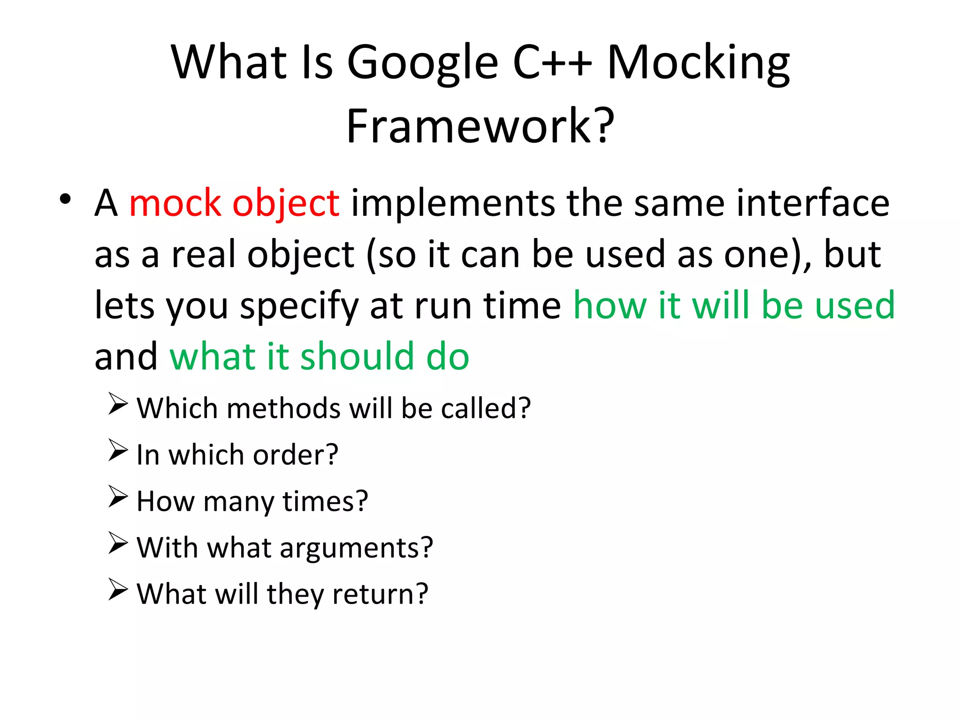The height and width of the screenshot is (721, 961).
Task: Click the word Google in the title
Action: [422, 63]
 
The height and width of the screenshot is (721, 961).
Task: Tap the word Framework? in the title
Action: [480, 126]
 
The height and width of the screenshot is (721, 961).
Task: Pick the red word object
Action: [286, 205]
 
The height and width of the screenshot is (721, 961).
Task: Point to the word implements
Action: [453, 204]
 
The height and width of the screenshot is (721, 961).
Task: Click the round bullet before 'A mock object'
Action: [65, 199]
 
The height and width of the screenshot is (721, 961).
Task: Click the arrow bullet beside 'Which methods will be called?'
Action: [117, 404]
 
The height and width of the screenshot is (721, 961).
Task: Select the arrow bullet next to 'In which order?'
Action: [117, 451]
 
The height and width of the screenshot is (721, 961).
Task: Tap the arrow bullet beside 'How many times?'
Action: [117, 497]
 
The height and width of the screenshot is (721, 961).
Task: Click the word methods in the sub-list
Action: [283, 408]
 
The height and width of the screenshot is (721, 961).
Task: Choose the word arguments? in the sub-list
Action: [356, 548]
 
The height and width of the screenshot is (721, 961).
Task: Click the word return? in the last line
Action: [380, 594]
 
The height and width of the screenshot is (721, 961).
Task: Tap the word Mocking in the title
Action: [699, 63]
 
